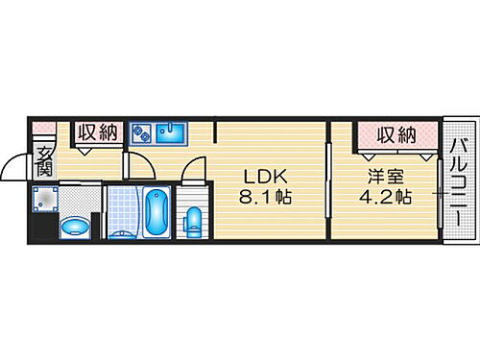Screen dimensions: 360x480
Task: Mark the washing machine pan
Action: [x=45, y=199]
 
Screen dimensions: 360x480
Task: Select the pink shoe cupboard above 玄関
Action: [x=43, y=128]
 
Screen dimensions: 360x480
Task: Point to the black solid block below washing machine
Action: [x=39, y=229]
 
